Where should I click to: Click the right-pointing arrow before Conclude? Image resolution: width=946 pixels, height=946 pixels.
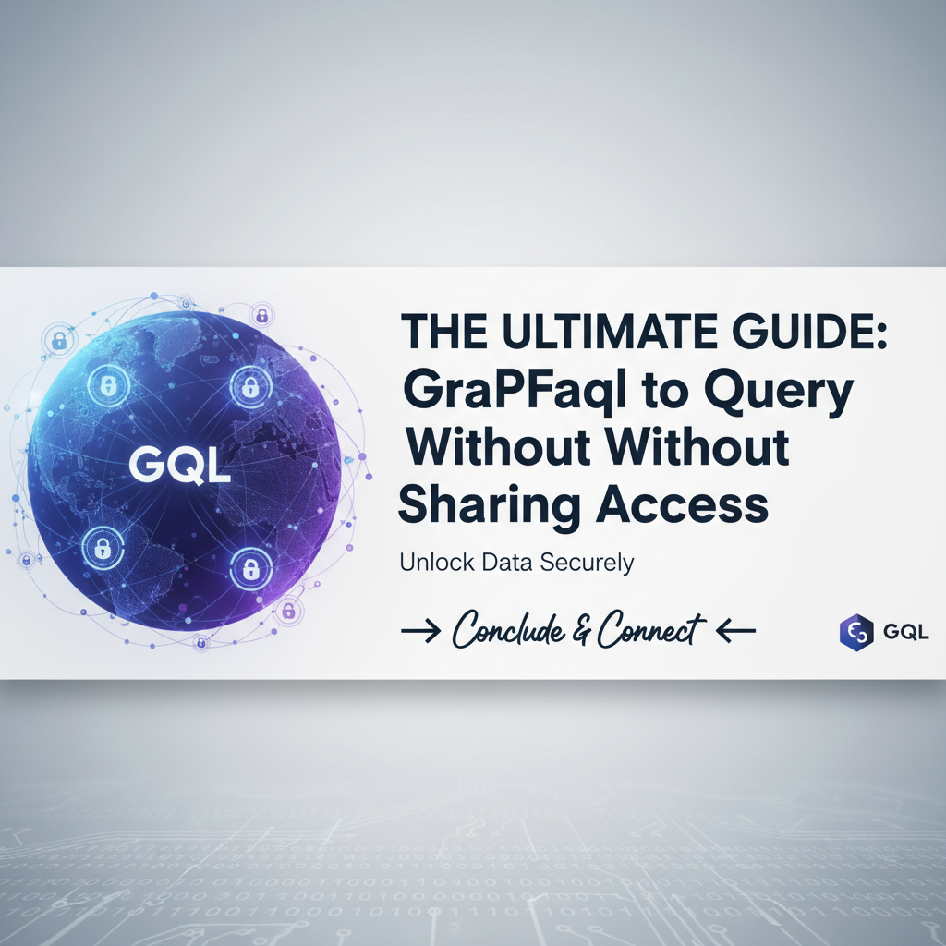pos(421,631)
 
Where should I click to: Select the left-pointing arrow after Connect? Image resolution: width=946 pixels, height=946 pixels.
pos(736,631)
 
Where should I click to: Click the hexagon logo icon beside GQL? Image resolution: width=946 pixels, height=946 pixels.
pos(855,632)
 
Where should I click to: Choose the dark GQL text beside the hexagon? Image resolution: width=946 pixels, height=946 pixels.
pos(905,632)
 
